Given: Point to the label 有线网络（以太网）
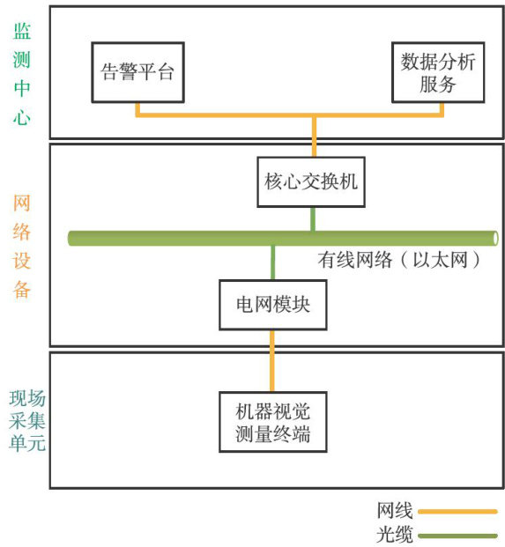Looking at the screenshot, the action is [398, 260].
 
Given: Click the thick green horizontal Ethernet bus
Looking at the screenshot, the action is [283, 238].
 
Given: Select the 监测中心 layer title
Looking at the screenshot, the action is [22, 74].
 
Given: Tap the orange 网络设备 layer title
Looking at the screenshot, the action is [22, 247].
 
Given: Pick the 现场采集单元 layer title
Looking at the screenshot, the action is [27, 421].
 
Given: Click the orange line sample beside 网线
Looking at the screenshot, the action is [457, 512].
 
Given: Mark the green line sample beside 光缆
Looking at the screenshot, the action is [457, 536].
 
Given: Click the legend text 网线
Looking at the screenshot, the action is [395, 511].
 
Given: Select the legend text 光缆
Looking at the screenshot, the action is [395, 535].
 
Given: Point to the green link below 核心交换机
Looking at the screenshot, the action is [313, 219].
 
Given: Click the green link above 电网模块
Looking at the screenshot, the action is [273, 262].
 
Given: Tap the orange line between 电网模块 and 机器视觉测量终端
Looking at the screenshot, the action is [272, 361].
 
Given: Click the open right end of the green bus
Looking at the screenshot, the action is [495, 238].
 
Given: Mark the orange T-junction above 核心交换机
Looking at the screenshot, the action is [314, 115].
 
